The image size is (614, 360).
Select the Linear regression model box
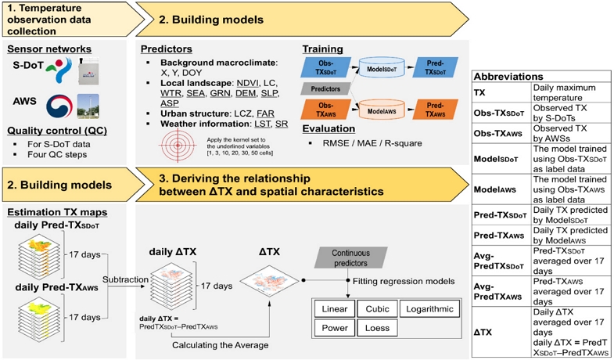coord(336,309)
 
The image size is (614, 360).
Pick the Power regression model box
coord(336,329)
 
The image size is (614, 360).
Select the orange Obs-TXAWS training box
coord(326,110)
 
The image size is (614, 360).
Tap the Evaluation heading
coord(328,129)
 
